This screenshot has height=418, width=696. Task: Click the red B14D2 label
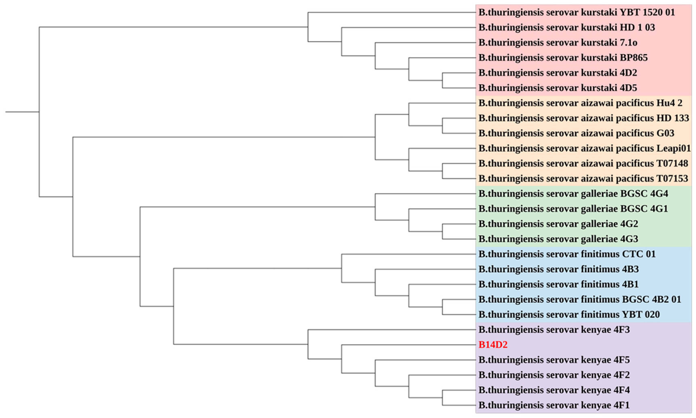point(493,345)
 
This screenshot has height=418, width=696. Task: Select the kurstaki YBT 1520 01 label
point(576,12)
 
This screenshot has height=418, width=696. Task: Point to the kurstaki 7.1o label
point(558,43)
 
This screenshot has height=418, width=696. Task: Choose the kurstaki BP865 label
point(563,58)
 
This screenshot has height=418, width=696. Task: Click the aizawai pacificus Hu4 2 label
point(580,103)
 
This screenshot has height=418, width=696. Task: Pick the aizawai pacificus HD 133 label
point(583,118)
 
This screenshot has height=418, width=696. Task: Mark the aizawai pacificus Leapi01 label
point(584,148)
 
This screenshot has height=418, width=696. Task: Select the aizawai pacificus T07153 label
point(583,179)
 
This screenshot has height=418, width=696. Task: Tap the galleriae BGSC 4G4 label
point(573,194)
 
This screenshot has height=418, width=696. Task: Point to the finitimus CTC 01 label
point(567,254)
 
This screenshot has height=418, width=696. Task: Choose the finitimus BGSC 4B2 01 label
point(580,299)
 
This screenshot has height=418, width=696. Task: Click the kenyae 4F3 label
point(554,330)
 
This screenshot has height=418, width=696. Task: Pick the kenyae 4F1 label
point(554,405)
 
